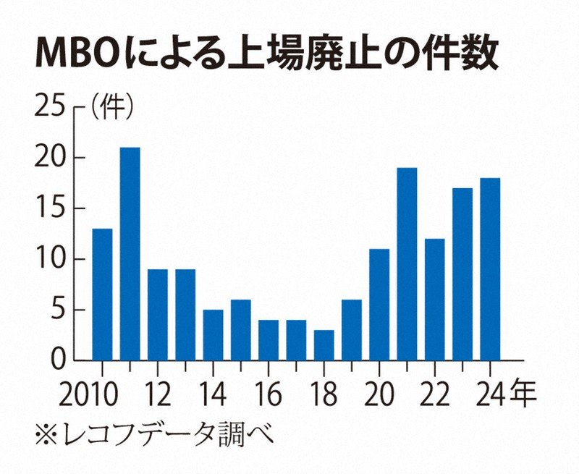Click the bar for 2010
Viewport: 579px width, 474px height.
(x=102, y=295)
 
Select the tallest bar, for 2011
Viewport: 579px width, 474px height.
(x=130, y=253)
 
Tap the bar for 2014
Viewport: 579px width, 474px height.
(x=213, y=335)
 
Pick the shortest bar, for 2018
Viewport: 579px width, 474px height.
(x=324, y=345)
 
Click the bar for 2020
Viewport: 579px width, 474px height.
(x=379, y=305)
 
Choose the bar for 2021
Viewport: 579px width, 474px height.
(x=407, y=264)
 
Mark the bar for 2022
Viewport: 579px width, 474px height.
(x=435, y=300)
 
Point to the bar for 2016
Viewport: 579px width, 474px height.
(x=269, y=340)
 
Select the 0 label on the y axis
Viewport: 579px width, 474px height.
(x=60, y=360)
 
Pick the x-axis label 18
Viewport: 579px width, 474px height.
(x=324, y=396)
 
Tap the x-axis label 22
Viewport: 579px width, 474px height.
(x=434, y=396)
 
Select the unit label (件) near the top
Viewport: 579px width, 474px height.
(x=111, y=109)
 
